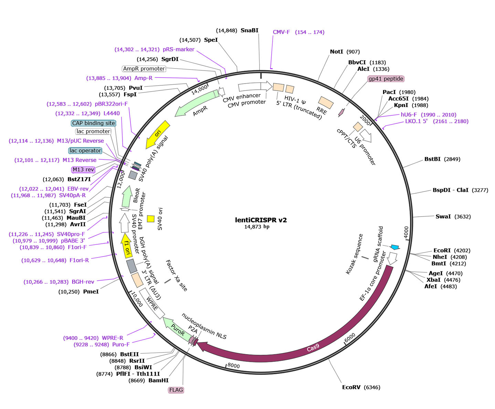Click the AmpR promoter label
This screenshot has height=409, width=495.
(144, 69)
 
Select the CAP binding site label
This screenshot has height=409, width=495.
(93, 123)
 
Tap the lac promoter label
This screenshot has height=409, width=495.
(93, 131)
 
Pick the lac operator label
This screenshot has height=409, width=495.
(85, 150)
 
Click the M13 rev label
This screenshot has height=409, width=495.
(83, 169)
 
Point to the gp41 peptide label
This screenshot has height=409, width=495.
(386, 79)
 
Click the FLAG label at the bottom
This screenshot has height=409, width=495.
(176, 390)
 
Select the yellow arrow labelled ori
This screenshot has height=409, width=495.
(158, 134)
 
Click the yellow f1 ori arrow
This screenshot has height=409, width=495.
(127, 247)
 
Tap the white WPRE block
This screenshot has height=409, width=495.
(152, 303)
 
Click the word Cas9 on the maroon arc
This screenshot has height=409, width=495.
(313, 348)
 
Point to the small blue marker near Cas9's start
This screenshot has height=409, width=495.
(394, 247)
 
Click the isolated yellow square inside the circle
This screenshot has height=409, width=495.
(150, 219)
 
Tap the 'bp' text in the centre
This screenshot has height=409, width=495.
(266, 227)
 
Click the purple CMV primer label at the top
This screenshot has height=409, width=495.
(298, 32)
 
